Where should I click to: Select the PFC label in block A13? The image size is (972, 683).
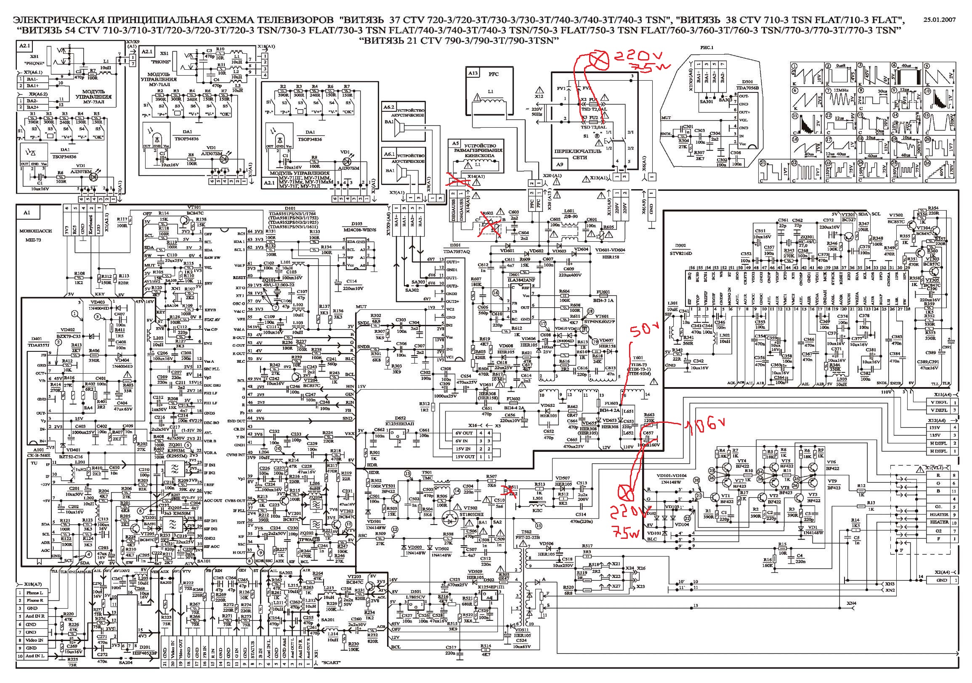pyautogui.click(x=494, y=74)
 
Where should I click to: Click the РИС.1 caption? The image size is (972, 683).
pyautogui.click(x=706, y=48)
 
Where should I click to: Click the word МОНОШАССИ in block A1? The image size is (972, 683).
pyautogui.click(x=36, y=231)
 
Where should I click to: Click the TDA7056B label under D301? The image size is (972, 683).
pyautogui.click(x=748, y=88)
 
